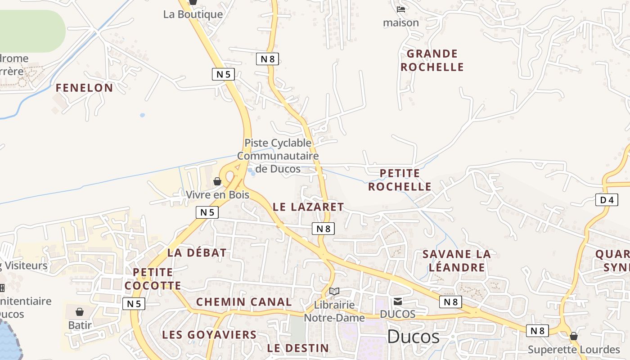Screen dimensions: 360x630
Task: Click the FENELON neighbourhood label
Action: pos(84,88)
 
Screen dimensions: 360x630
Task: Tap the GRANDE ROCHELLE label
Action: pos(432,60)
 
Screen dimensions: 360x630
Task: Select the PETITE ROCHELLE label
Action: pos(400,180)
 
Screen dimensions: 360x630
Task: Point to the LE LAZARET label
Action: pos(308,207)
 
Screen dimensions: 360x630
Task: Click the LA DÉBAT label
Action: pos(197,253)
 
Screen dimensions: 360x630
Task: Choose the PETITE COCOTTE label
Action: pos(153,279)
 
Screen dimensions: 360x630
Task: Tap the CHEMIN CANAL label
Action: pos(244,302)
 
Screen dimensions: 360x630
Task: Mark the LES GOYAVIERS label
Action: pos(209,335)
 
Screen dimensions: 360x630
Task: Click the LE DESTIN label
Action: pos(298,348)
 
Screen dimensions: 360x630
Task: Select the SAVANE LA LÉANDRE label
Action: pos(457,261)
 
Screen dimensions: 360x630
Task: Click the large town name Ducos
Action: pos(413,337)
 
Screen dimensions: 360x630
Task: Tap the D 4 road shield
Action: pos(606,200)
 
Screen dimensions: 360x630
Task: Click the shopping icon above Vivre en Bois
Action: pos(217,181)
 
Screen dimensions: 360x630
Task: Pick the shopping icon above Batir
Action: pos(80,311)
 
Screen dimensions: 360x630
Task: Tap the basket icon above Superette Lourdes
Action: pos(574,336)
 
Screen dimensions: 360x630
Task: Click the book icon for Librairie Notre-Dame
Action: pos(334,292)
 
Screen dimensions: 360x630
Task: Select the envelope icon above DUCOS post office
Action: pos(398,301)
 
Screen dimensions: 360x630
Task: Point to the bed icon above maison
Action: pos(401,9)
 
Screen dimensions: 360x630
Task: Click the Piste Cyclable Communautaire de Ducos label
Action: pos(278,156)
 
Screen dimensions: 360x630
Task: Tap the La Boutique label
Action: pos(193,14)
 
